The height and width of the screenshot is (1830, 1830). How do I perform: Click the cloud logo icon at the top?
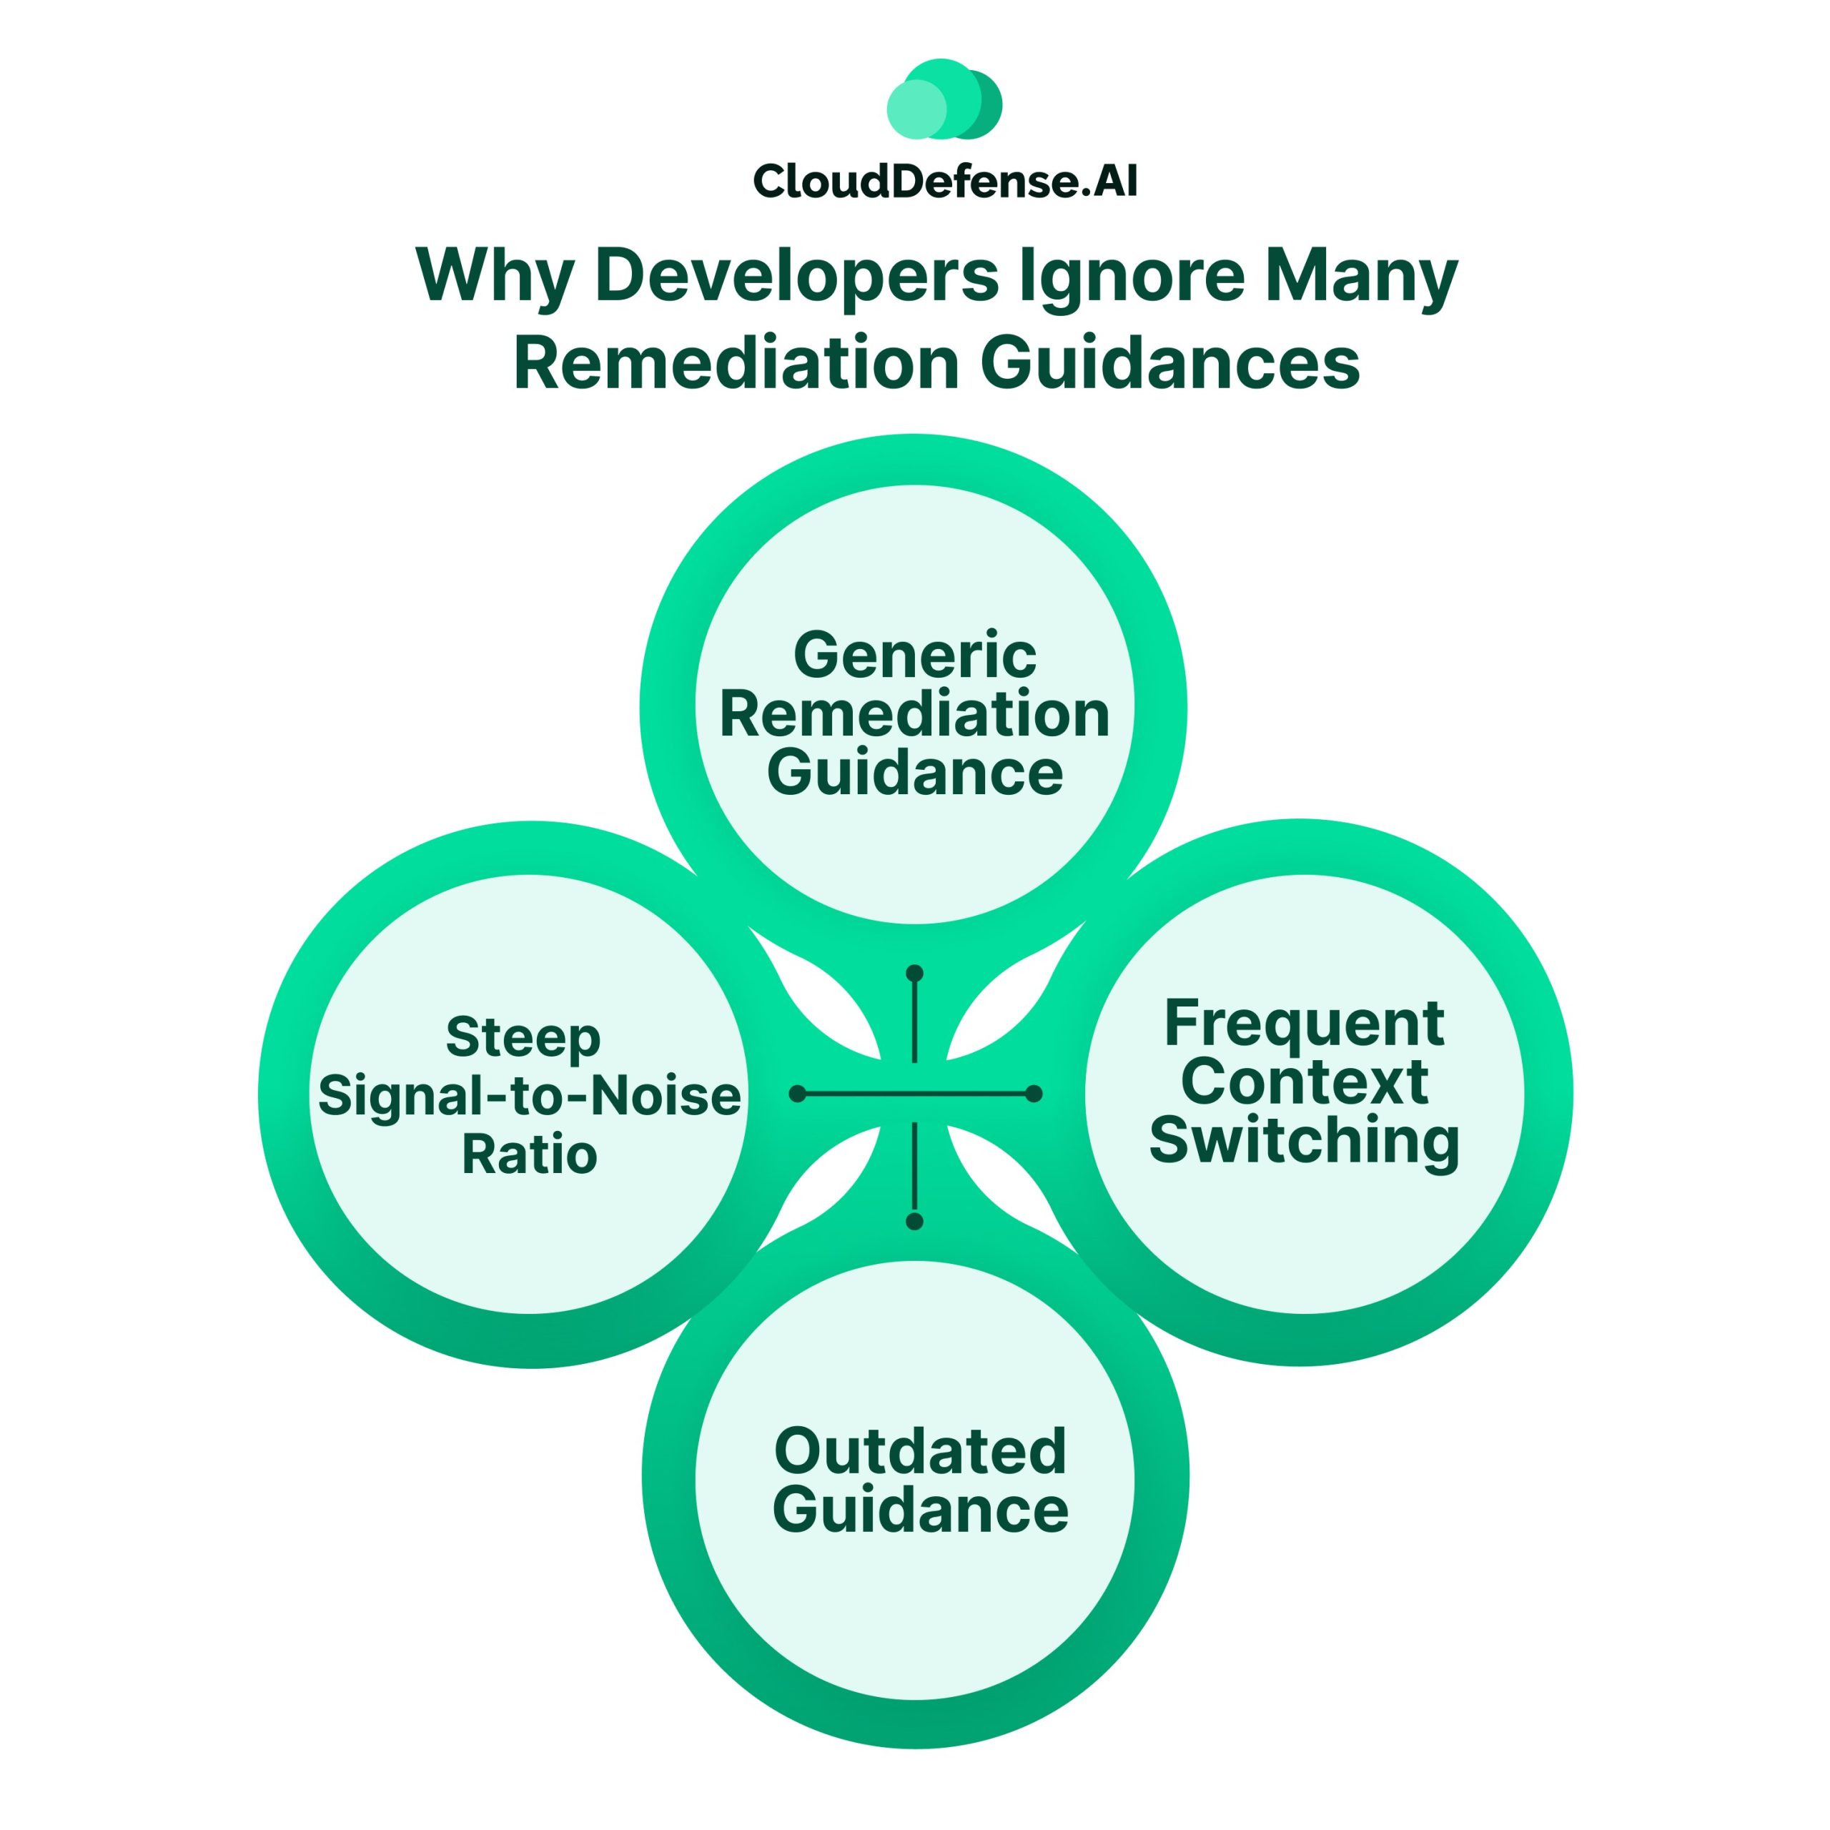pyautogui.click(x=944, y=99)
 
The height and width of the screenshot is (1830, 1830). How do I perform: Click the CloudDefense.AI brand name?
pyautogui.click(x=944, y=181)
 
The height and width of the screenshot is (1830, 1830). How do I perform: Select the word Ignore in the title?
pyautogui.click(x=1131, y=276)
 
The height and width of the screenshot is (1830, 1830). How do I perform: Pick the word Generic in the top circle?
pyautogui.click(x=914, y=655)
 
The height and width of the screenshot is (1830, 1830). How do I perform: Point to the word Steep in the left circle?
pyautogui.click(x=523, y=1038)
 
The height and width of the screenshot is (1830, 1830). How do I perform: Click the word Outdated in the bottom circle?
pyautogui.click(x=920, y=1451)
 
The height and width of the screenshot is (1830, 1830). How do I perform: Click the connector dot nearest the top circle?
pyautogui.click(x=914, y=974)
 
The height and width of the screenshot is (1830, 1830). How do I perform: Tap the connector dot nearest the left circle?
pyautogui.click(x=798, y=1094)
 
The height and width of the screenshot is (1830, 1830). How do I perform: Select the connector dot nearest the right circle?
pyautogui.click(x=1034, y=1094)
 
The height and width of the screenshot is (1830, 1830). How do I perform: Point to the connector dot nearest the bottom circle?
pyautogui.click(x=914, y=1222)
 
